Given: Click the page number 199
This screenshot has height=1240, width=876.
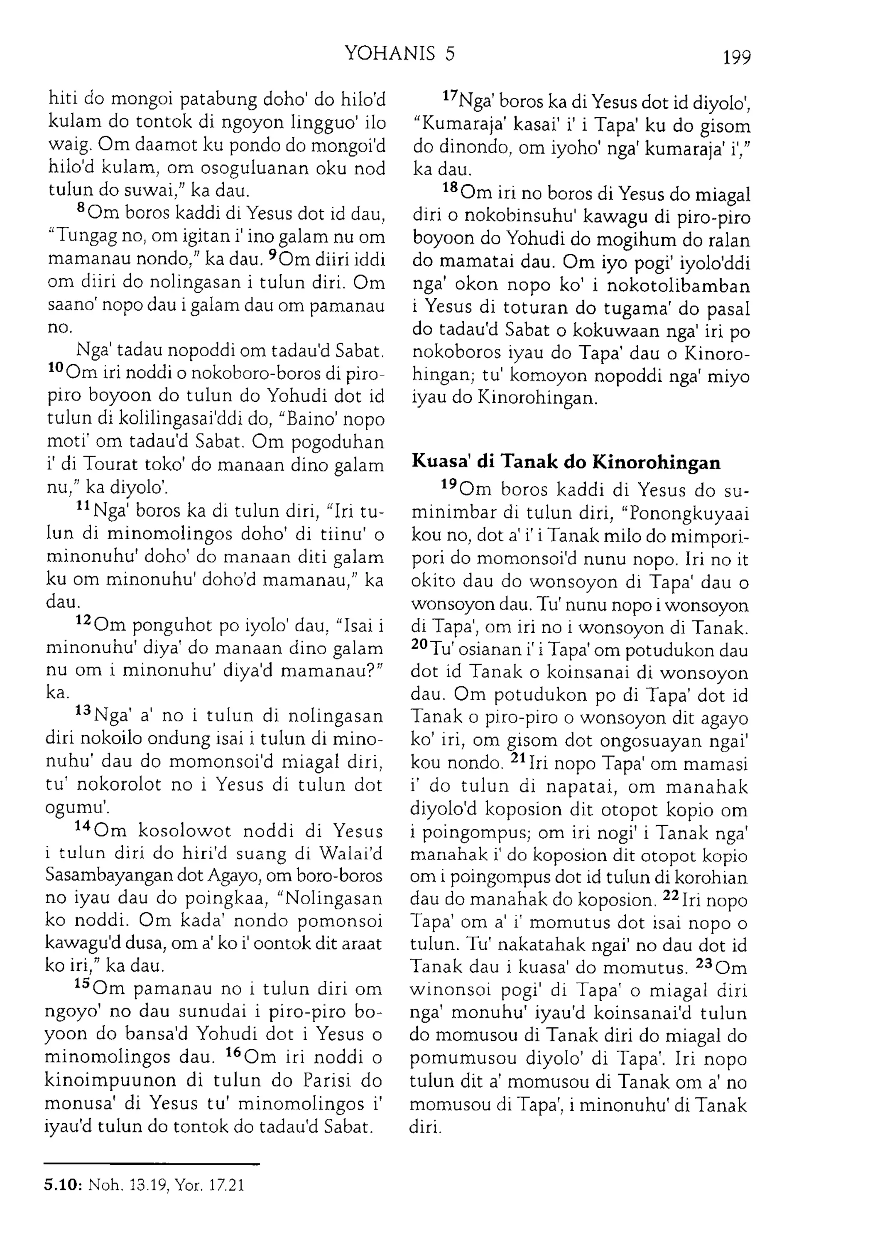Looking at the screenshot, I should point(736,56).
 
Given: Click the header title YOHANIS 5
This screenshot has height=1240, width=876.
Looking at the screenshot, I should point(400,53).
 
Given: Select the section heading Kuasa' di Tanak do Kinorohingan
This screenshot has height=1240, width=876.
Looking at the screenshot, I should point(565,462).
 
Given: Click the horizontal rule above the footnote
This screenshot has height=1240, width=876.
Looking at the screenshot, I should point(152,1164).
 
